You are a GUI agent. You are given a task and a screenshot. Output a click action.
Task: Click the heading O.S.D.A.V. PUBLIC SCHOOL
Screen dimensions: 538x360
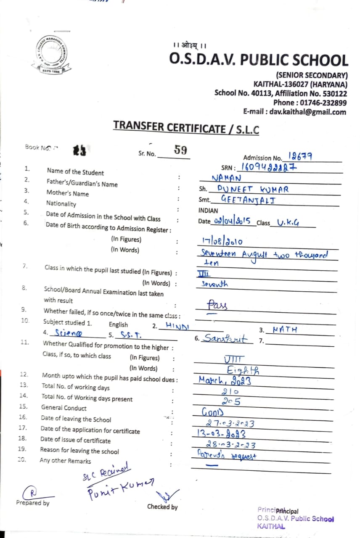click(x=259, y=60)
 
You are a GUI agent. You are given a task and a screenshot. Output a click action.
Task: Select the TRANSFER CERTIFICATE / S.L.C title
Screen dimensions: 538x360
click(x=186, y=127)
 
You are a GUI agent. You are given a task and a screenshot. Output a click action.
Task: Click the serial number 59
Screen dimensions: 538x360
click(x=180, y=150)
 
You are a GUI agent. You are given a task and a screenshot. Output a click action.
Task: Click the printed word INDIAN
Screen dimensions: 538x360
click(x=208, y=211)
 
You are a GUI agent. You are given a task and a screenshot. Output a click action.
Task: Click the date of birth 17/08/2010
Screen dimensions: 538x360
click(x=222, y=241)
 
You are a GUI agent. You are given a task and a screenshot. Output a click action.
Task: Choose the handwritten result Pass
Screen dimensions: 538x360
click(x=217, y=305)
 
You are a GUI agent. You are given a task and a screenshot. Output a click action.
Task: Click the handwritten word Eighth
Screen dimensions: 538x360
click(x=243, y=370)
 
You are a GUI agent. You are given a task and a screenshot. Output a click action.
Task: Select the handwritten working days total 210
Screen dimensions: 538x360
click(x=230, y=391)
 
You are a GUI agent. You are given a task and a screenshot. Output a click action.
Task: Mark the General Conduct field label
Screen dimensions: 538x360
click(x=64, y=408)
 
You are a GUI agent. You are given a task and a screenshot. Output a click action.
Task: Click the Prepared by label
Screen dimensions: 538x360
click(x=32, y=503)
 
